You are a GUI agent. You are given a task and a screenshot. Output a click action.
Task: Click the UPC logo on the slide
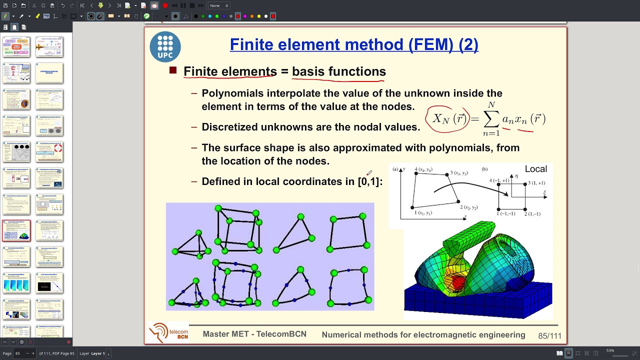coord(165,47)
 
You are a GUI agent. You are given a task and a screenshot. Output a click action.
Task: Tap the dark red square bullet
coord(173,71)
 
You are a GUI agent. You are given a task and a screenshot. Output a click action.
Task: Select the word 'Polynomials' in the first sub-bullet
coord(232,93)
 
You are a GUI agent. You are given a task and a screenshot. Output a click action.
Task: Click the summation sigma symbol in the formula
coord(491,119)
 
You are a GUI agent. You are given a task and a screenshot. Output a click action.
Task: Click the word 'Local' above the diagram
coord(536,169)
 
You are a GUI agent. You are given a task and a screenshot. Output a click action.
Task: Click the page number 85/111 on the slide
coord(549,336)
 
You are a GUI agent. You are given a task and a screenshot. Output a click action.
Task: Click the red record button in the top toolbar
coord(165,5)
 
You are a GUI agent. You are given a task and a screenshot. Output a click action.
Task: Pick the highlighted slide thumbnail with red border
coord(16,230)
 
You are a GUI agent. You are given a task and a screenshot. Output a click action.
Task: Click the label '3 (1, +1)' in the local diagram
coord(536,183)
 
